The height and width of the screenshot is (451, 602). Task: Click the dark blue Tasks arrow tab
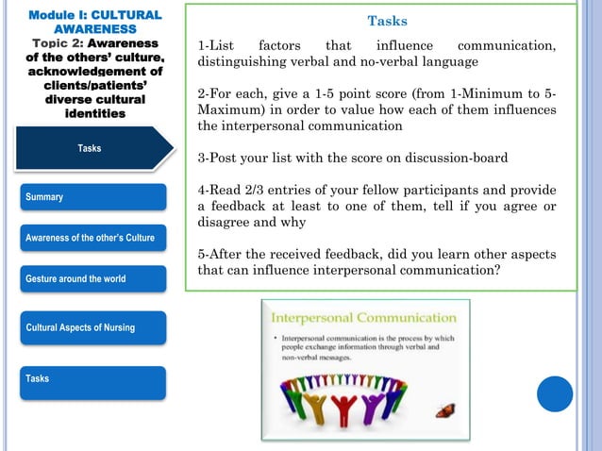(x=90, y=148)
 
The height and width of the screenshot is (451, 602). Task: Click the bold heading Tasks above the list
(x=387, y=21)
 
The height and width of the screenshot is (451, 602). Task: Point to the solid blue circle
(x=555, y=393)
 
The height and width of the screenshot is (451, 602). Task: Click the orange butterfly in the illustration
(x=444, y=410)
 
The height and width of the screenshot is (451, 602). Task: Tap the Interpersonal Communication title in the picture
(x=364, y=316)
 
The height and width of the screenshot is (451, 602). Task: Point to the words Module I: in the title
(x=55, y=15)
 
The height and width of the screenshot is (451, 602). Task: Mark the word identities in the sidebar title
(x=94, y=113)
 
